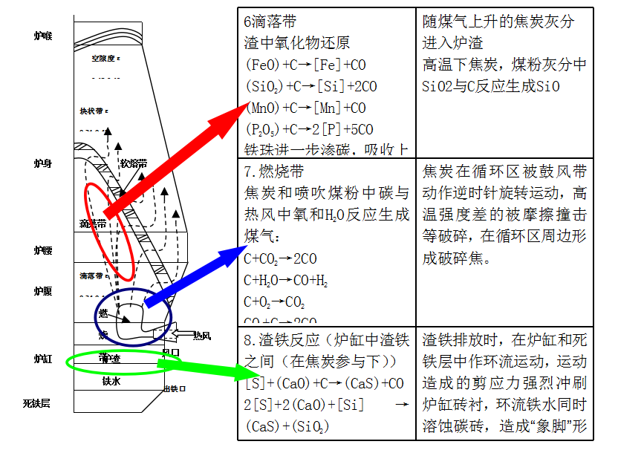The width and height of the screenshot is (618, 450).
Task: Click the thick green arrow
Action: [201, 368]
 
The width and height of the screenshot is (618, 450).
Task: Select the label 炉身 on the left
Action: [43, 163]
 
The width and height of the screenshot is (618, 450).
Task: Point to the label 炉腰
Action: [43, 251]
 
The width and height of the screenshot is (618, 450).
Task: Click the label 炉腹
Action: [43, 291]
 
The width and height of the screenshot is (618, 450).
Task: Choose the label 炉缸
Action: [43, 359]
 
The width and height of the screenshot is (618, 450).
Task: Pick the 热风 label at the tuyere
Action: [202, 336]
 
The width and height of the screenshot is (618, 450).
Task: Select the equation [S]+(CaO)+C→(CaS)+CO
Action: [324, 384]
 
